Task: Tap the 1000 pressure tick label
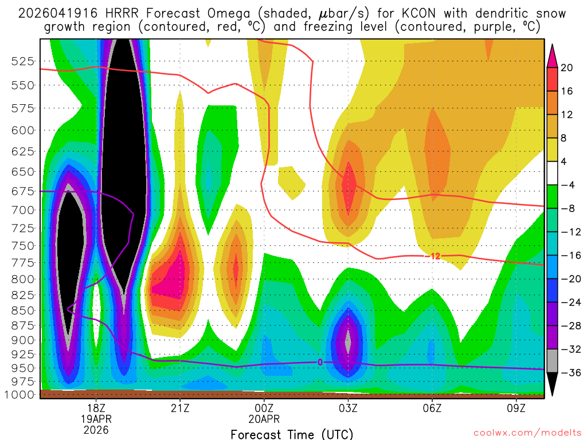pos(22,395)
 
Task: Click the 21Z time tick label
pos(180,408)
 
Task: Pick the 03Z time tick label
pos(348,408)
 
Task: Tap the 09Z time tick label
pos(516,408)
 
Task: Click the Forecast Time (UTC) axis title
pos(292,434)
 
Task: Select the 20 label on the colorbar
pos(567,68)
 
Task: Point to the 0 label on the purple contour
pos(320,362)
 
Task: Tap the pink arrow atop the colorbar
pos(553,55)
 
